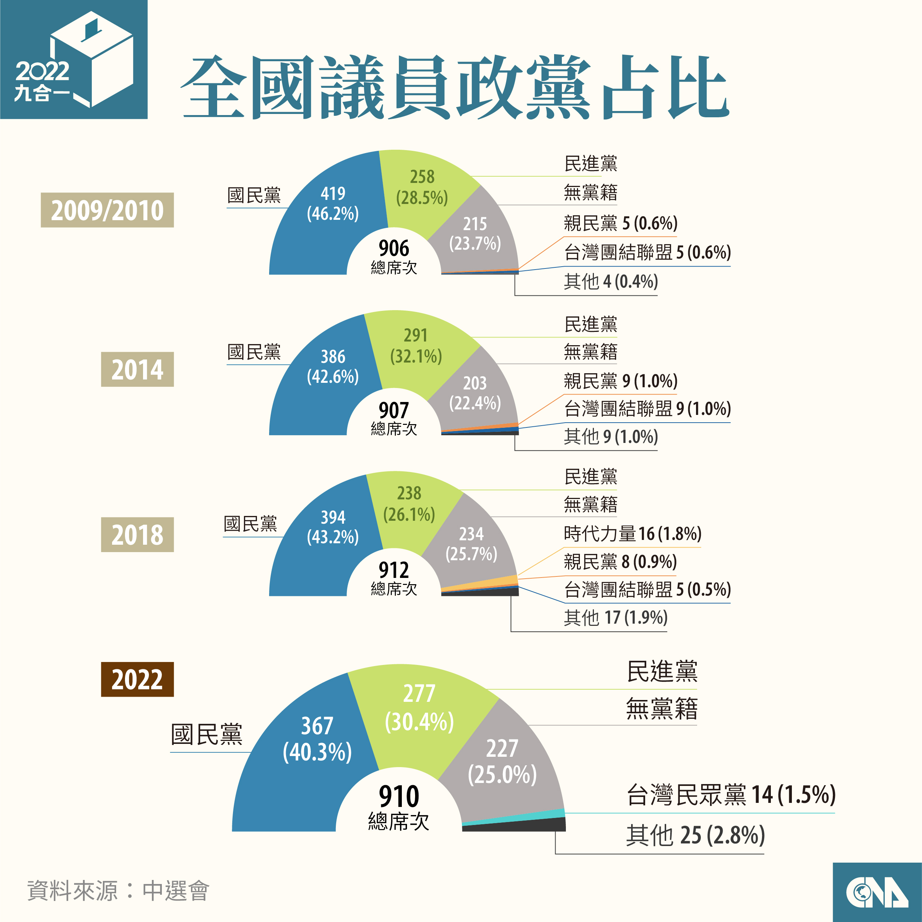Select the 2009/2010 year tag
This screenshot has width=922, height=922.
[x=107, y=210]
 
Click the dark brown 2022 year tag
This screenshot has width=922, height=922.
[x=137, y=679]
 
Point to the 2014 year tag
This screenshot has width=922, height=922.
[x=137, y=370]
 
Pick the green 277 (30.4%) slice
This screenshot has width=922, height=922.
[x=420, y=711]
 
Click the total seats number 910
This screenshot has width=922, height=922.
[x=399, y=797]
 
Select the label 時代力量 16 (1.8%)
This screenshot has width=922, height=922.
[x=632, y=534]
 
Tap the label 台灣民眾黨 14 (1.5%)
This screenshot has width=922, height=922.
[x=730, y=794]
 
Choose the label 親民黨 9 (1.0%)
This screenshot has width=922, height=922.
[x=620, y=381]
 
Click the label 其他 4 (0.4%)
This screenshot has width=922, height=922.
[x=611, y=282]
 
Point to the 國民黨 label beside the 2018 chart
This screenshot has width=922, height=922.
[x=251, y=524]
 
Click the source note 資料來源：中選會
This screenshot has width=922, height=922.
[x=118, y=891]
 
